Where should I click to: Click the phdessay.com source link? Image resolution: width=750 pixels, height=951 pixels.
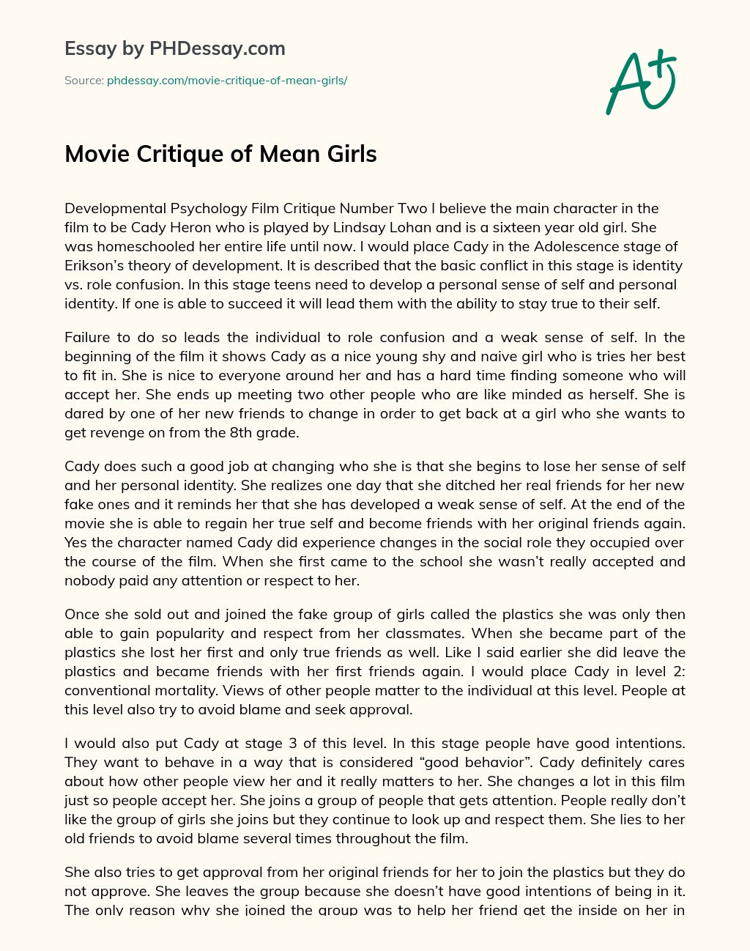(x=226, y=81)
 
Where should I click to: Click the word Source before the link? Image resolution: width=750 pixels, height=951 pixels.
(x=83, y=81)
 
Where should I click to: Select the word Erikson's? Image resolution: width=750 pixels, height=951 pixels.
(x=95, y=265)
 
